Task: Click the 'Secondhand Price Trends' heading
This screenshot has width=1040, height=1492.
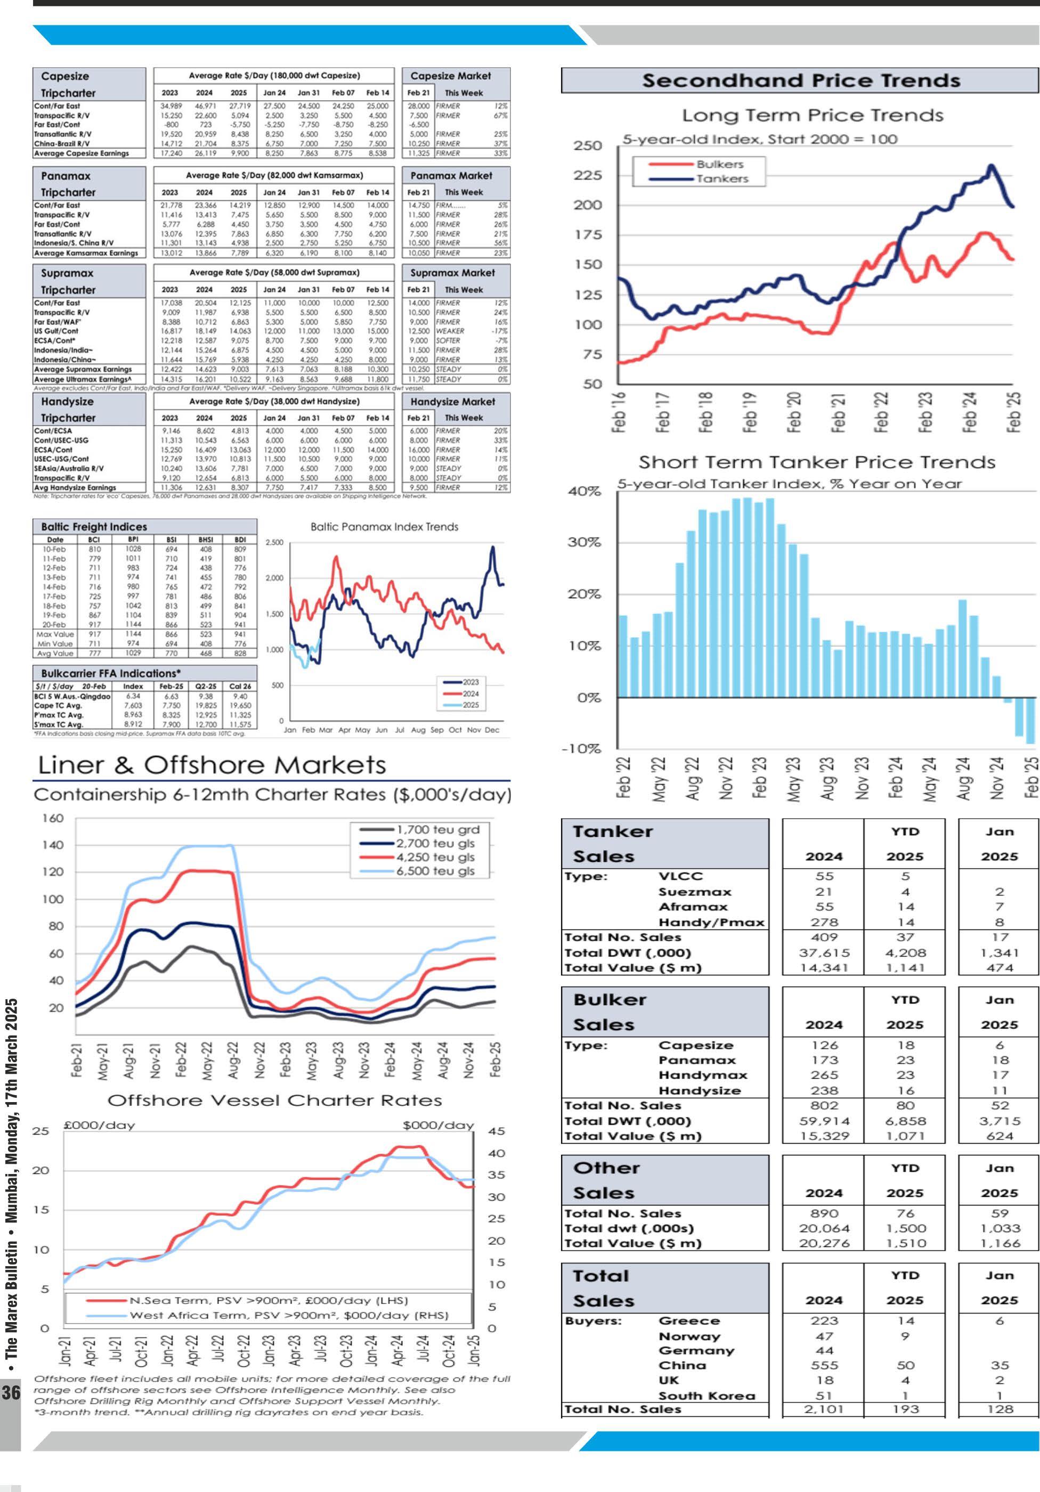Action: point(801,80)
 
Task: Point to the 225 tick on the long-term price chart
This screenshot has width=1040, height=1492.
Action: point(588,175)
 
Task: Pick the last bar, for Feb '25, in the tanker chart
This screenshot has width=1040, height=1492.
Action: point(1029,721)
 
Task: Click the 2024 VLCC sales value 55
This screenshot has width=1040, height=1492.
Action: point(824,876)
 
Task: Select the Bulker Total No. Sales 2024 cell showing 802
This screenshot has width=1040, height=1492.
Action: point(824,1105)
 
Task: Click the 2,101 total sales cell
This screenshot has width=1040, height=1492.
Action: point(824,1409)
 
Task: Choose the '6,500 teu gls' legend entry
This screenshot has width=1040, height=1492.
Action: point(435,871)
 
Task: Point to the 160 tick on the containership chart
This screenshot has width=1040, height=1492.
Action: point(53,818)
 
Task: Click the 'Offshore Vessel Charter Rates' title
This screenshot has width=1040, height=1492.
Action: point(274,1100)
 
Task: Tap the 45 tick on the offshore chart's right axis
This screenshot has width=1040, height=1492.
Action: point(496,1131)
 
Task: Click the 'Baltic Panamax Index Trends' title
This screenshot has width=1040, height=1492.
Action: point(384,527)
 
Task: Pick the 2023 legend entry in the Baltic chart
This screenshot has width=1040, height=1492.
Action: point(470,682)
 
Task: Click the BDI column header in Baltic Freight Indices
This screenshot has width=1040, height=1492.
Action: point(240,540)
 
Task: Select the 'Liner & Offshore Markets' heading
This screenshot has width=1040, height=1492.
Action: point(212,765)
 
